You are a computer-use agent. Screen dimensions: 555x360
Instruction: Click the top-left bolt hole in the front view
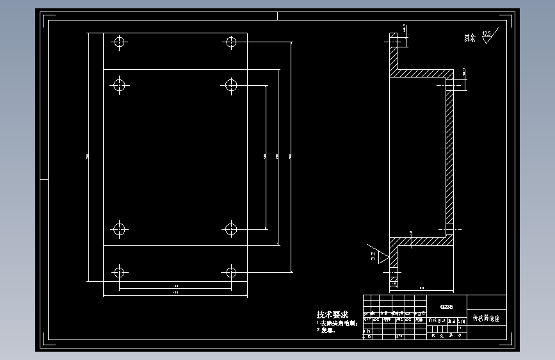pos(118,42)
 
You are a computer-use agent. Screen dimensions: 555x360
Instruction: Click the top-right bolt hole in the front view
pos(231,42)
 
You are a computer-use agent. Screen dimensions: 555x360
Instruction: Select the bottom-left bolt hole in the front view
pos(118,272)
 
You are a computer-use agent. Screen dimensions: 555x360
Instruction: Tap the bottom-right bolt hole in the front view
pos(231,272)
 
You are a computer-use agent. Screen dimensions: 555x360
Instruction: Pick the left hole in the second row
pos(118,84)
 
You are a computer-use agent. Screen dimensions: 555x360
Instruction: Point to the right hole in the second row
pos(231,84)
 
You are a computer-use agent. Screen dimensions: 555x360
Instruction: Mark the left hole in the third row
pos(118,229)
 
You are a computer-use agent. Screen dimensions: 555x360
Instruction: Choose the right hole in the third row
pos(231,229)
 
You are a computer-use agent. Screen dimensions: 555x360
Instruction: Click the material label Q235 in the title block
pos(447,306)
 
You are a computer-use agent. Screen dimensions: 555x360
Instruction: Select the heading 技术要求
pos(332,315)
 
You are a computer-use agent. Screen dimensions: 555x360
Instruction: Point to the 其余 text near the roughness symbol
pos(471,38)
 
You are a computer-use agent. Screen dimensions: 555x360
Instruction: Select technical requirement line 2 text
pos(327,331)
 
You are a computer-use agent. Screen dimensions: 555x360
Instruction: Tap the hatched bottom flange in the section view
pos(393,263)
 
